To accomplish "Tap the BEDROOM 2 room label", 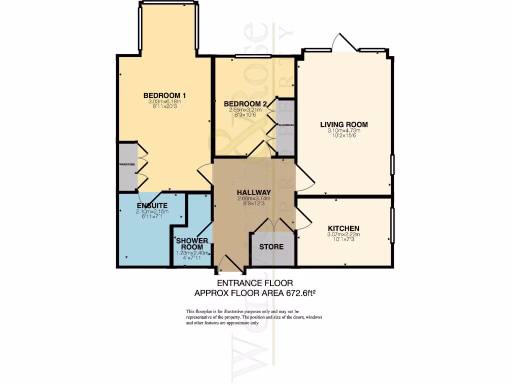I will coord(245,103).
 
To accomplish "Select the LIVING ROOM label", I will coord(344,124).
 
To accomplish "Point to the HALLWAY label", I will coord(253,192).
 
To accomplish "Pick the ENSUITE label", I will coord(152,205).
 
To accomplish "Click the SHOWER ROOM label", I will coord(192,243).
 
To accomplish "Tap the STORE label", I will coord(271,247).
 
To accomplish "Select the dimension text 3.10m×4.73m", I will coord(344,131).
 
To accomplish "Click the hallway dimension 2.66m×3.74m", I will coord(253,198).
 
